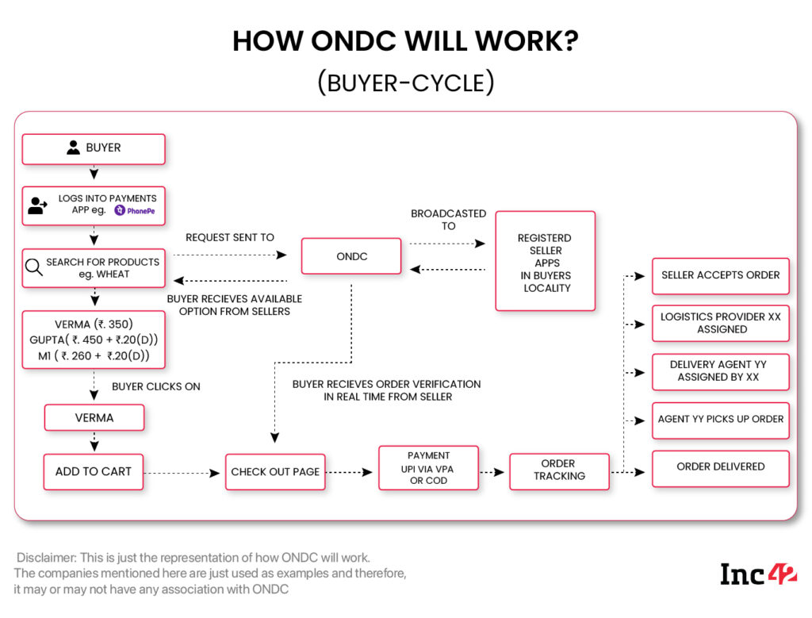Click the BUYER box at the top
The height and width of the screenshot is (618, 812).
click(x=94, y=148)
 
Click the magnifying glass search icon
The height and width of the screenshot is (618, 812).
click(x=34, y=268)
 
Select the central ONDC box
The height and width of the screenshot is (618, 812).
click(x=351, y=256)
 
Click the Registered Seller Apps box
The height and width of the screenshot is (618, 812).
click(x=546, y=262)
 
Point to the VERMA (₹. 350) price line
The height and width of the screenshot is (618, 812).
click(x=94, y=324)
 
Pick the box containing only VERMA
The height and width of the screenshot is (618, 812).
click(x=94, y=417)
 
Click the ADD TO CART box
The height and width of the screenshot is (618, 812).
click(x=93, y=471)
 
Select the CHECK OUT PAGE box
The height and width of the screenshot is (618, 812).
click(x=275, y=471)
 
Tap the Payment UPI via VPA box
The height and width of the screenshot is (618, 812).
click(x=428, y=468)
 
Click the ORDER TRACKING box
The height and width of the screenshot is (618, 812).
click(x=559, y=470)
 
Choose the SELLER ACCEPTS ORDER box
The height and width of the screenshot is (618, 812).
click(x=720, y=275)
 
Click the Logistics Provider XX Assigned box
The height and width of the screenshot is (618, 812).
click(x=720, y=323)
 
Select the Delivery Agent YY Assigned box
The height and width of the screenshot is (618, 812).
click(x=720, y=370)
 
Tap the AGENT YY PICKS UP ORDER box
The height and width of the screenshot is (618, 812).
click(x=720, y=419)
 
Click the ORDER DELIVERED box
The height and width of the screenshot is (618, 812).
click(x=720, y=466)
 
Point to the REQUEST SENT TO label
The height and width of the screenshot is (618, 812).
click(x=230, y=237)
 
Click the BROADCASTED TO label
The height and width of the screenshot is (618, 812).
click(x=448, y=220)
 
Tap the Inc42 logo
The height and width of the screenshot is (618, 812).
click(x=757, y=574)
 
